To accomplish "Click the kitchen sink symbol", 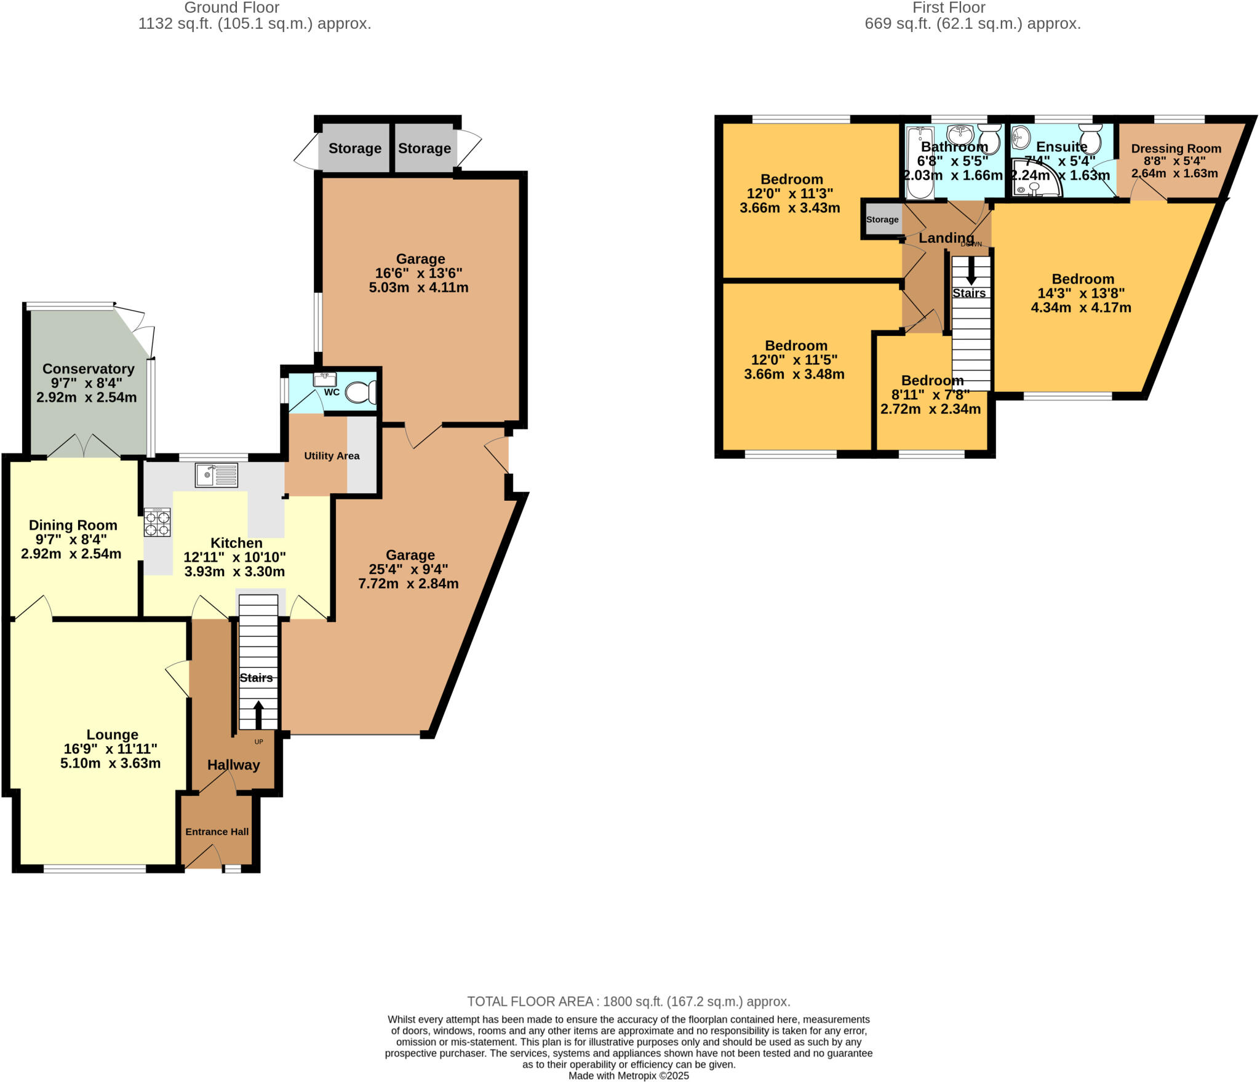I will [x=216, y=475].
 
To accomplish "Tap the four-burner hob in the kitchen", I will [x=157, y=523].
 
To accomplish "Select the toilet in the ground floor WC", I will [x=362, y=392].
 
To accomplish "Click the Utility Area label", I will [x=332, y=456].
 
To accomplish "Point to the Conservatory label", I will [x=88, y=369].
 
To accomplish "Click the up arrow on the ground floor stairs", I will [x=258, y=714].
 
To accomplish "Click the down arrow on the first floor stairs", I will [x=971, y=269].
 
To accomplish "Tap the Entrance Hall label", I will [x=217, y=832].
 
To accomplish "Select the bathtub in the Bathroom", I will [x=920, y=162].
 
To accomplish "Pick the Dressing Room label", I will [x=1176, y=148].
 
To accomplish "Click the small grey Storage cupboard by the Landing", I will [x=882, y=220].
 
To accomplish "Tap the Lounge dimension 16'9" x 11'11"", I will [x=110, y=749].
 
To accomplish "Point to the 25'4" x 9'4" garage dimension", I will [x=408, y=569].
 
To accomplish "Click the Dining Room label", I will [x=73, y=525].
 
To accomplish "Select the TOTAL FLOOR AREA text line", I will [x=628, y=1001].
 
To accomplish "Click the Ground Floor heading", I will [x=231, y=8].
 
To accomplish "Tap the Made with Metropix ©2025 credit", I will [x=628, y=1076].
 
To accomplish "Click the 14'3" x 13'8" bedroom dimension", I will [x=1081, y=293].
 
